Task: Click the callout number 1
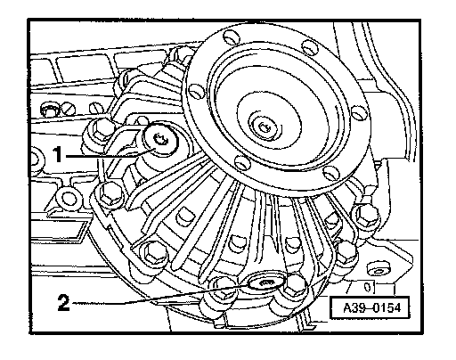click(58, 154)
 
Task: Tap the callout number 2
click(64, 302)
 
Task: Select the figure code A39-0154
click(372, 308)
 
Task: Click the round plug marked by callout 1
click(160, 139)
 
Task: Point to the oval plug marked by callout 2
click(266, 282)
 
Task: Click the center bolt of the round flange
click(264, 127)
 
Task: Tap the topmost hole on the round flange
click(232, 37)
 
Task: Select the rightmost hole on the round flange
click(359, 112)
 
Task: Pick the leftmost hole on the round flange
click(196, 92)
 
